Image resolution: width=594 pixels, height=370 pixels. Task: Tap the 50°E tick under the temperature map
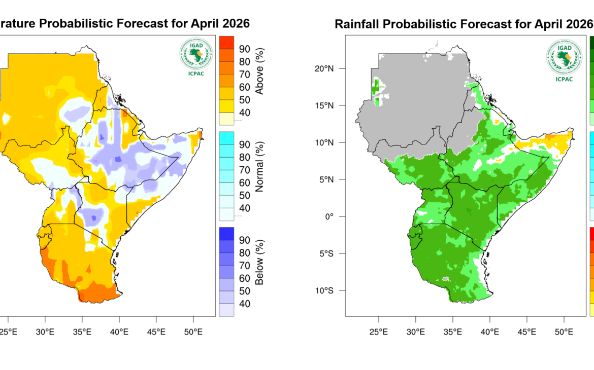pos(193,332)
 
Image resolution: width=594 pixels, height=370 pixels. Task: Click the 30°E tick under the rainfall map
pos(416,332)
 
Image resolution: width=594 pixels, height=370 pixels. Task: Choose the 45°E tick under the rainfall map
pos(527,332)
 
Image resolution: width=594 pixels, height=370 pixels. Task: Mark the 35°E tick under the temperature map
pos(82,332)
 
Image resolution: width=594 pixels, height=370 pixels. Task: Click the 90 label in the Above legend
pos(244,49)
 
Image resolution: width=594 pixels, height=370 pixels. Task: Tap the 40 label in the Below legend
pos(244,304)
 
